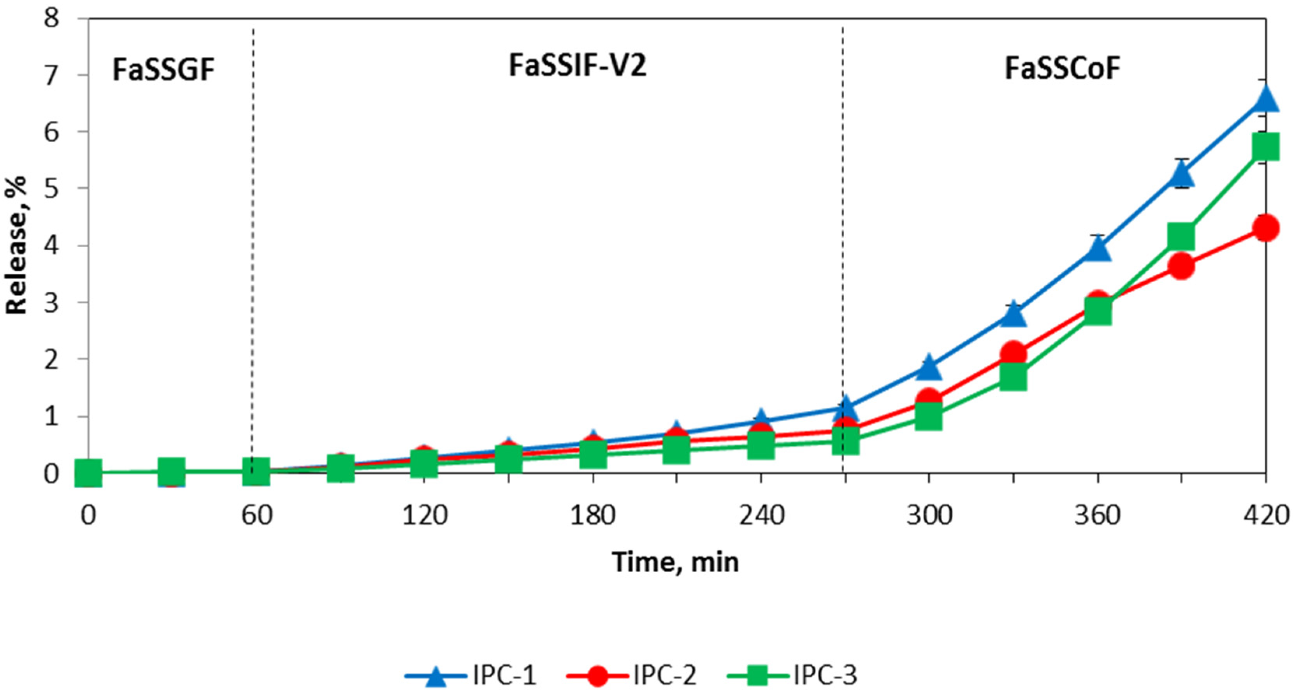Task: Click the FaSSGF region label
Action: click(x=163, y=70)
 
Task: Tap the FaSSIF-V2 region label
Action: click(x=577, y=66)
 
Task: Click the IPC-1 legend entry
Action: click(x=471, y=675)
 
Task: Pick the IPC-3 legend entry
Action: click(x=792, y=675)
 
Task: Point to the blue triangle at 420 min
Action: click(x=1265, y=98)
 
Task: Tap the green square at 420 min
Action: click(x=1265, y=146)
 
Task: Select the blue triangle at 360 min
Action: click(x=1098, y=250)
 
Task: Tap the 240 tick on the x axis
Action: click(x=761, y=515)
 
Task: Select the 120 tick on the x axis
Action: click(x=424, y=515)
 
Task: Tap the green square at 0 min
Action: click(x=89, y=473)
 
